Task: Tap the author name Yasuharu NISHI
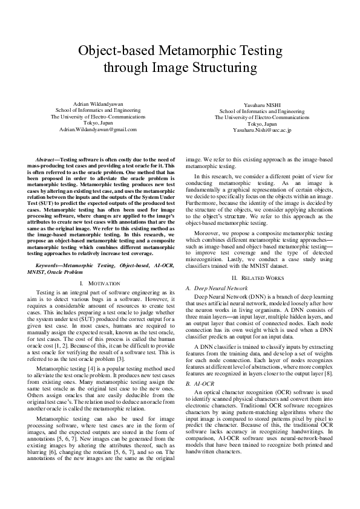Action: point(262,106)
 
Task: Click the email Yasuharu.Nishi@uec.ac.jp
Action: point(262,130)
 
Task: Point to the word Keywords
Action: point(49,265)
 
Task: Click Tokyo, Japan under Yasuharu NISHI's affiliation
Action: point(262,124)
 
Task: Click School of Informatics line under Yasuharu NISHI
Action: point(262,112)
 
